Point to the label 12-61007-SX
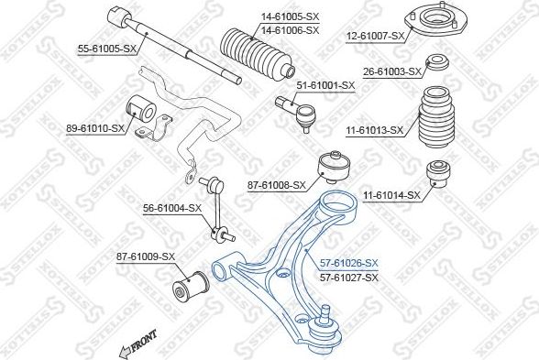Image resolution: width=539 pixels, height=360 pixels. click(373, 36)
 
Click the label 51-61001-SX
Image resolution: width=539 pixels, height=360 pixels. click(324, 85)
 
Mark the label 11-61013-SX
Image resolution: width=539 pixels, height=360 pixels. click(373, 131)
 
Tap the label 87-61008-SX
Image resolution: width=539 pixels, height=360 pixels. click(276, 186)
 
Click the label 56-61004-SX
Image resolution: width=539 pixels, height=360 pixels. click(171, 208)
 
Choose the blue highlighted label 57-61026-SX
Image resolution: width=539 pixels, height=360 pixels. click(348, 263)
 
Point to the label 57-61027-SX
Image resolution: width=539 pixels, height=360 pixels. click(348, 277)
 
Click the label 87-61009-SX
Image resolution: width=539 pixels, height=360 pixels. click(144, 256)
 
